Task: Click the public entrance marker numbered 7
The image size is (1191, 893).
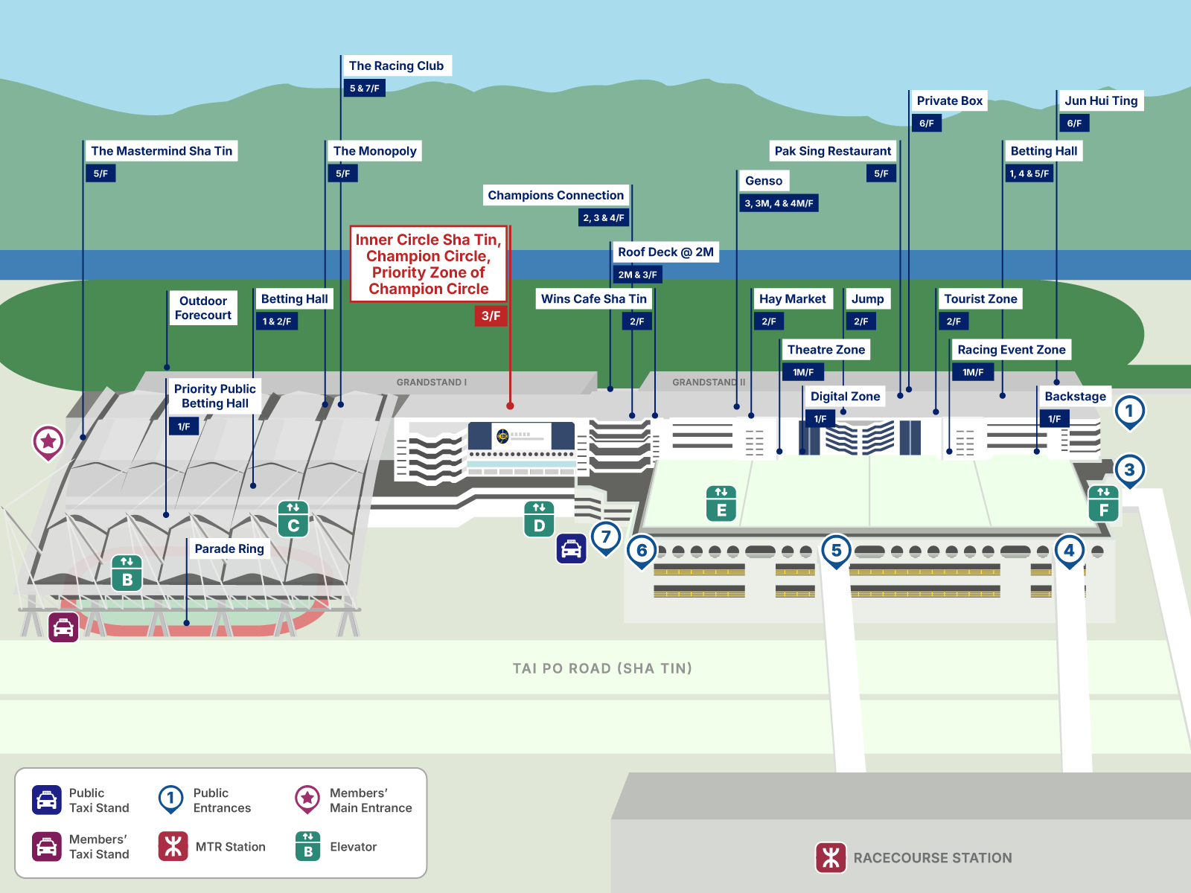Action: [606, 537]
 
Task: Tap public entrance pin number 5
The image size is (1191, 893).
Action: [836, 551]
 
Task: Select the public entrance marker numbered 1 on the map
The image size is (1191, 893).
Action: [1129, 411]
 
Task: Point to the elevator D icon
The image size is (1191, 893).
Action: [539, 519]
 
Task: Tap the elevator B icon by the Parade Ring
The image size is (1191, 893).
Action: [127, 572]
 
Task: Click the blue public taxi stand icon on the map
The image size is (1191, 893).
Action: [571, 549]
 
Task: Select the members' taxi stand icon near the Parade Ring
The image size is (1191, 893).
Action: [64, 627]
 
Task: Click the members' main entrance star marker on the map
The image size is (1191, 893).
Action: [48, 442]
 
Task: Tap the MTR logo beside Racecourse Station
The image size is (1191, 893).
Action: [831, 857]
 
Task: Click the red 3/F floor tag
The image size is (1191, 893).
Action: [491, 316]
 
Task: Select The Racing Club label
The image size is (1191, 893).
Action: [396, 65]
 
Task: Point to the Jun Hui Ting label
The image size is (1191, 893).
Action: [1101, 100]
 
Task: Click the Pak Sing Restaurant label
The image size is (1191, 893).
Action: [832, 151]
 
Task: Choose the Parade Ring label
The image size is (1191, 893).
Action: [229, 548]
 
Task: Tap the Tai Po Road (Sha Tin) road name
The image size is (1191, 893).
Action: [602, 668]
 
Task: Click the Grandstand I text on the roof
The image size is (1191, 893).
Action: [431, 383]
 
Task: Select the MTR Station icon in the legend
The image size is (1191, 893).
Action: [173, 846]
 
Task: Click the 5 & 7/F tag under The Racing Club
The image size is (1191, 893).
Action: [365, 89]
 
